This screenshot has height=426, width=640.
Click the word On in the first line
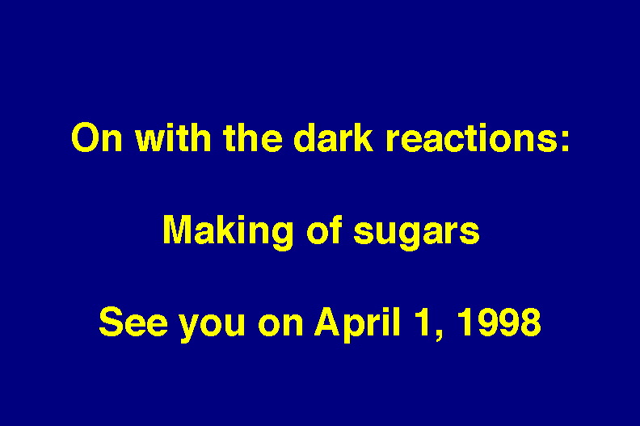coord(97,137)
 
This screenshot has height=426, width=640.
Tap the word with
coord(173,137)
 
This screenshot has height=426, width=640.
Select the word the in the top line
coord(253,137)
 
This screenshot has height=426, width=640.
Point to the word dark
coord(333,137)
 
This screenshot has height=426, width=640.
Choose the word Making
coord(228,233)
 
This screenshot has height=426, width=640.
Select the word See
coord(133,322)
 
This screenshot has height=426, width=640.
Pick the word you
coord(213,326)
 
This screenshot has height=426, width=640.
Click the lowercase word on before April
coord(280,326)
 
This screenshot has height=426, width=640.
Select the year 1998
coord(499,322)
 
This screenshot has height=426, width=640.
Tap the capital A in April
coord(328,322)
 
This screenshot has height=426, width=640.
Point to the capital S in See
coord(111,322)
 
